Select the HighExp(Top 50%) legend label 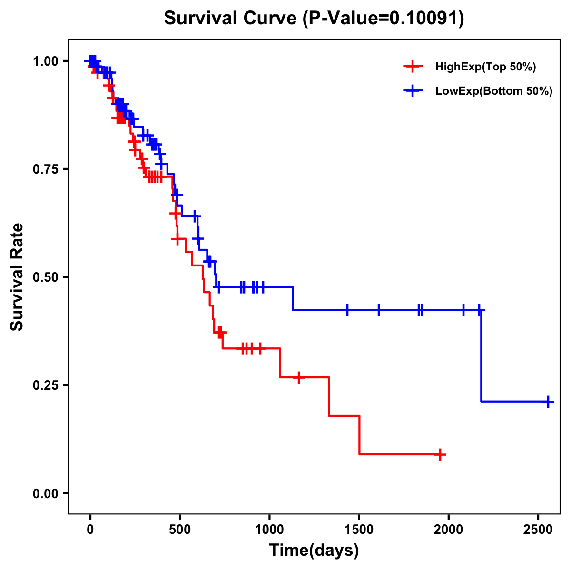click(x=486, y=67)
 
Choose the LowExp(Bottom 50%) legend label click(x=494, y=91)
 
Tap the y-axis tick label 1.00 click(x=46, y=61)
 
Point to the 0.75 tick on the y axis click(x=46, y=169)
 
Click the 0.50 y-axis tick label click(x=46, y=277)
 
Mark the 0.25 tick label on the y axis click(x=46, y=385)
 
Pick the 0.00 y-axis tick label click(x=46, y=493)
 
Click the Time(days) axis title click(x=314, y=551)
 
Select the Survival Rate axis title click(x=17, y=277)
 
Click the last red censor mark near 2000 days click(x=441, y=454)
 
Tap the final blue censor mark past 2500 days click(x=548, y=402)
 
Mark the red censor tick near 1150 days click(x=298, y=377)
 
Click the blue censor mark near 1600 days click(x=379, y=310)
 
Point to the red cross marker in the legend click(x=413, y=67)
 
